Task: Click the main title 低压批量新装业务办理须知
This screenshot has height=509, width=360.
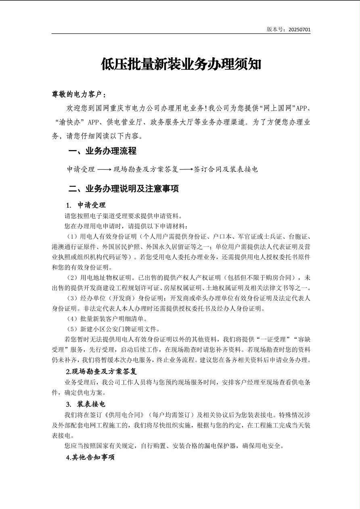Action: coord(181,64)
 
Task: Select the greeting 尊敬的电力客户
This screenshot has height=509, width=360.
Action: coord(79,95)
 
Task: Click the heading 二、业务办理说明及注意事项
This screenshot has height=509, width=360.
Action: coord(123,188)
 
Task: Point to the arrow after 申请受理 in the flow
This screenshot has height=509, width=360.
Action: coord(104,169)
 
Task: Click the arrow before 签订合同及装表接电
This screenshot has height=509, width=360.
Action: coord(186,169)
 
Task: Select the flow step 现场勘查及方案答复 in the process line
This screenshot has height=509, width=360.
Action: coord(146,169)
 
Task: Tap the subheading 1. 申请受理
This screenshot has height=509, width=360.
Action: coord(86,205)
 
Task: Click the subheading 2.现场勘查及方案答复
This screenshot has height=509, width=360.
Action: coord(101,371)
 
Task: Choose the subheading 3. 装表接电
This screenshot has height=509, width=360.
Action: coord(86,404)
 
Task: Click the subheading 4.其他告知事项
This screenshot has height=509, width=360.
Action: coord(90,457)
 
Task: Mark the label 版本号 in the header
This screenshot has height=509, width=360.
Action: coord(276,29)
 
